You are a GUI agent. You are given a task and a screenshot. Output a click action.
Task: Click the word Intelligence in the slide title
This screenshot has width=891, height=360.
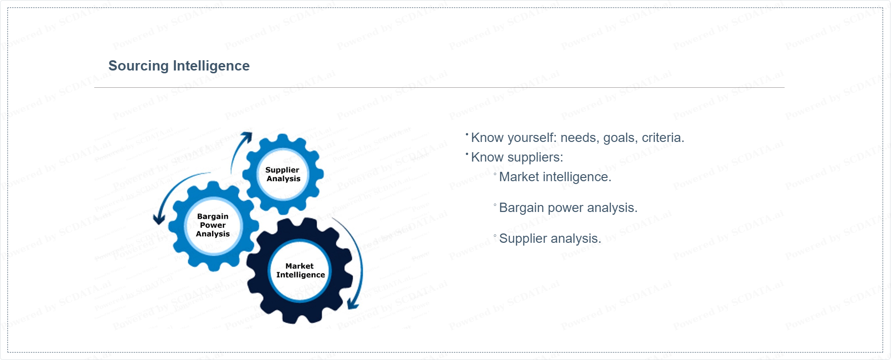pyautogui.click(x=212, y=66)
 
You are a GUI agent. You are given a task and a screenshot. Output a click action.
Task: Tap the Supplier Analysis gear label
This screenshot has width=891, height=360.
pyautogui.click(x=283, y=174)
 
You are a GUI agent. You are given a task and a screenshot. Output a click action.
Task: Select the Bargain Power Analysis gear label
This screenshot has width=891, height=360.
pyautogui.click(x=213, y=225)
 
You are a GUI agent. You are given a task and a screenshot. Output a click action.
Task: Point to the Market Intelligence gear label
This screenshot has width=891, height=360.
pyautogui.click(x=300, y=270)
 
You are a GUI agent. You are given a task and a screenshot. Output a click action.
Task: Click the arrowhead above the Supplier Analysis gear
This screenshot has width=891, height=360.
pyautogui.click(x=247, y=137)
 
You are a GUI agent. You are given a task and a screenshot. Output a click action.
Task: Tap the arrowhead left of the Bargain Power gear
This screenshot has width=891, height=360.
pyautogui.click(x=159, y=219)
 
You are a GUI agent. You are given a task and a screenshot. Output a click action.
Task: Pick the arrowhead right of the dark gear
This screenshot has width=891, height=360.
pyautogui.click(x=353, y=304)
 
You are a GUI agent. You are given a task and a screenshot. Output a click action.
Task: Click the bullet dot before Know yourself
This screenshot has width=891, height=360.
pyautogui.click(x=467, y=134)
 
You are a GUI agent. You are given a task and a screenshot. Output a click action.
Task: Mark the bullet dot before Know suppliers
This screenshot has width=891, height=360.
pyautogui.click(x=467, y=154)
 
